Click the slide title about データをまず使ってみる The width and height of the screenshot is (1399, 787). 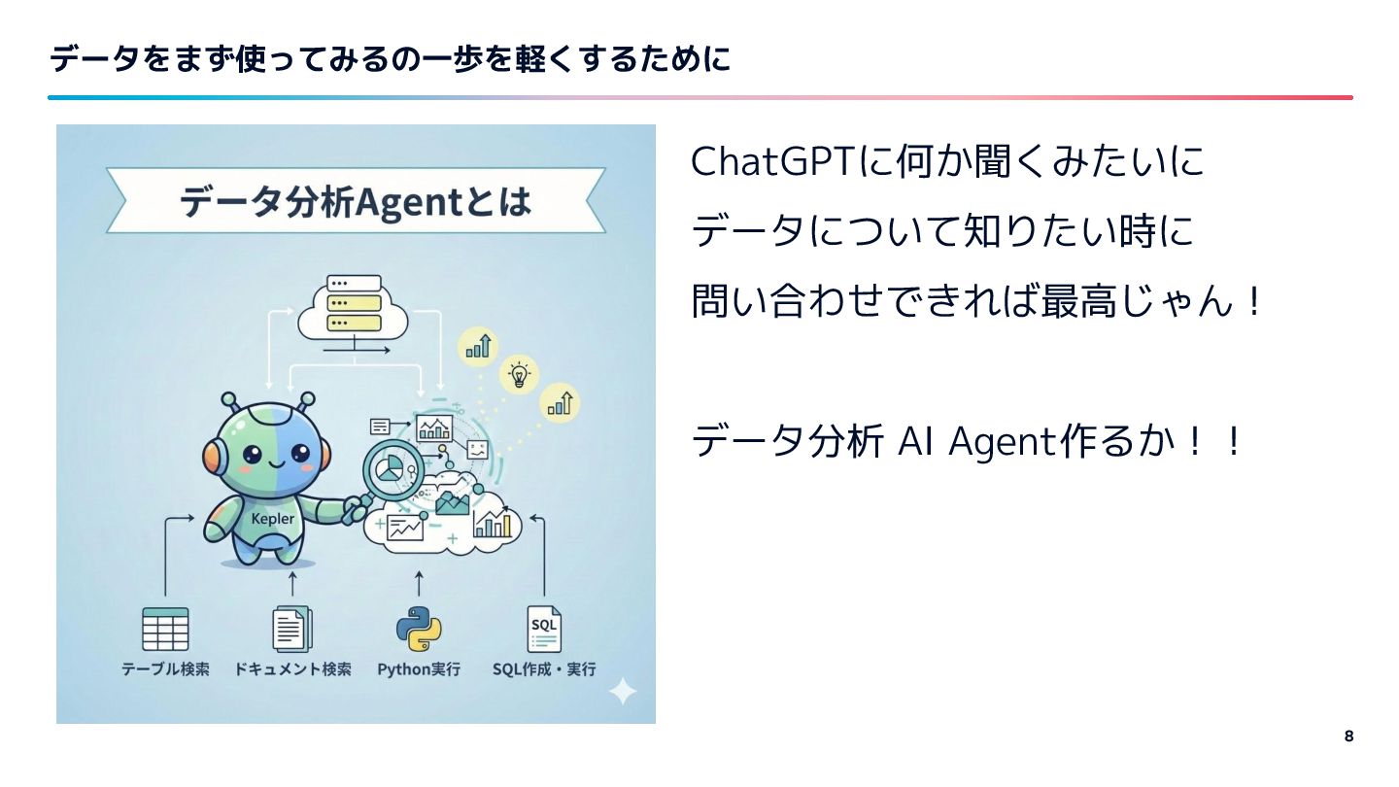coord(389,60)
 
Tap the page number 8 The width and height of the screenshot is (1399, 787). coord(1348,736)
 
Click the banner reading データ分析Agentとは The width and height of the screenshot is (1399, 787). coord(356,201)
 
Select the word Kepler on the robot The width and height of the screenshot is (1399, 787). coord(272,518)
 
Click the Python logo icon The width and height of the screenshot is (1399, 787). coord(419,629)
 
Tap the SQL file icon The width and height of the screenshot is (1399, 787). coord(544,629)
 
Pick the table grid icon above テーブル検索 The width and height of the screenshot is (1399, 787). coord(165,629)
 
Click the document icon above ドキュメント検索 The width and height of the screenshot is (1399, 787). coord(291,629)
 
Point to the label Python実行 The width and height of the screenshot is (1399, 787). coord(419,669)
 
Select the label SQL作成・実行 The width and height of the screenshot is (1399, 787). coord(544,669)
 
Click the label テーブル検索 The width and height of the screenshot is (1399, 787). coord(165,669)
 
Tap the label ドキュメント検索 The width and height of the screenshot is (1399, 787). coord(292,669)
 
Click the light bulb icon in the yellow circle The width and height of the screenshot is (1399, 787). coord(520,374)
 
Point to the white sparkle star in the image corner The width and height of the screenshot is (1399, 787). coord(622,692)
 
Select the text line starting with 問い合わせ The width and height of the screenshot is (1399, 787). coord(977,302)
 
